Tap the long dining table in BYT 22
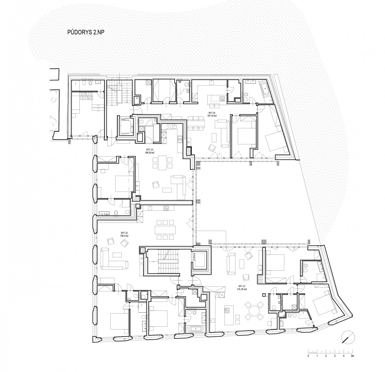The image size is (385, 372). pos(165,230)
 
